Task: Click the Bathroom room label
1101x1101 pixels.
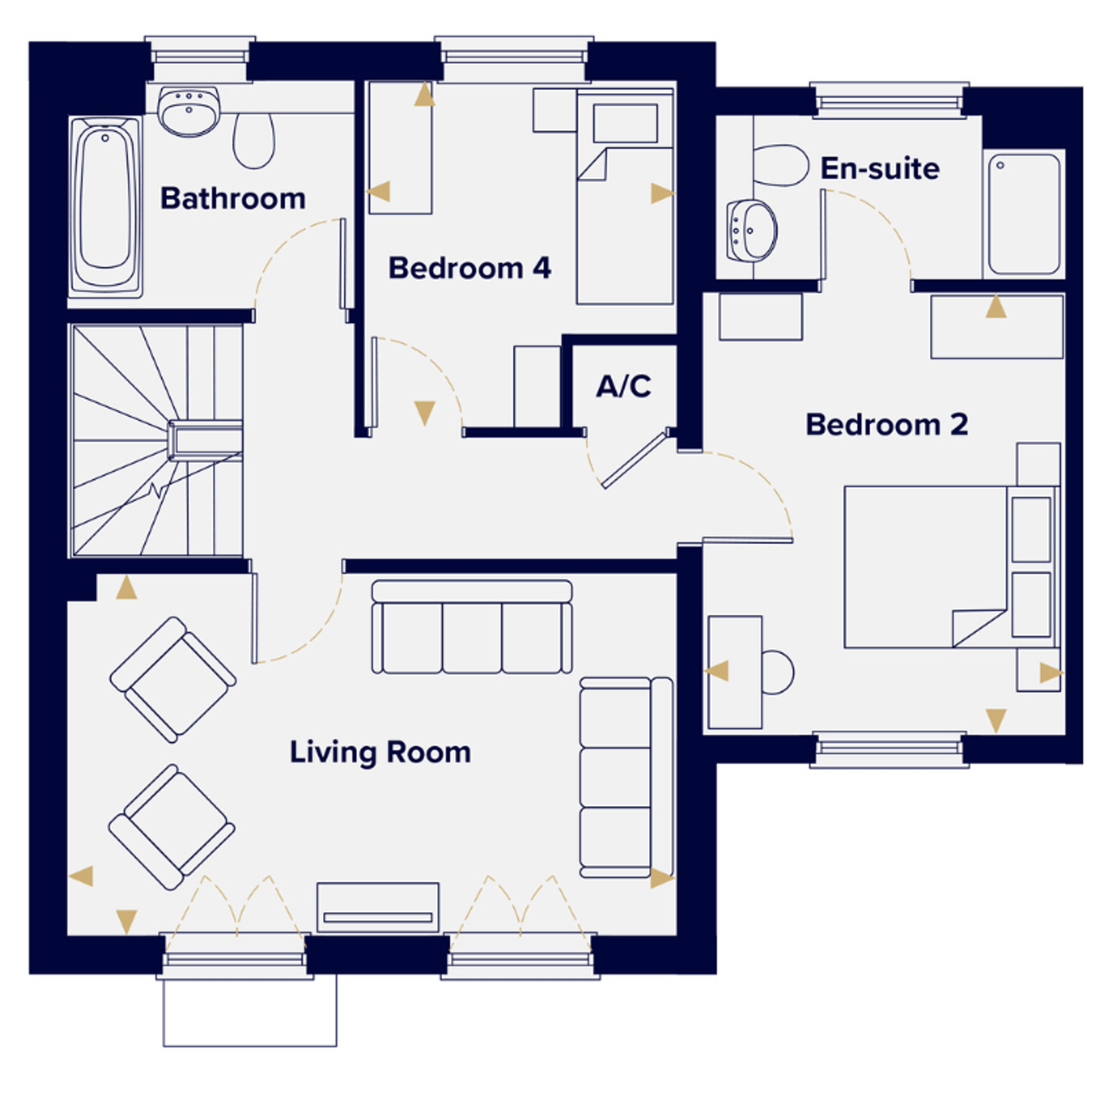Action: (232, 198)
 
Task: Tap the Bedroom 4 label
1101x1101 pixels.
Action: (470, 268)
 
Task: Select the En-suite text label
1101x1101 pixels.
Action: (879, 168)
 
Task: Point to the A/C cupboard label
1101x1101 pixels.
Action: (624, 387)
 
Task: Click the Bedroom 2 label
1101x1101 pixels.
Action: (886, 424)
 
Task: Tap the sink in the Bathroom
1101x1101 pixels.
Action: (189, 112)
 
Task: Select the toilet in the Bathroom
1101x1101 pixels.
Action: (254, 141)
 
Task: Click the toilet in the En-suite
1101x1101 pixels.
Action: (781, 165)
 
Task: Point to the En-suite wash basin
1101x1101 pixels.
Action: (752, 230)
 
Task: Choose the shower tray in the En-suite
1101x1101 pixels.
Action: (1023, 214)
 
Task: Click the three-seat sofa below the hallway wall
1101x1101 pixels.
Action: (472, 627)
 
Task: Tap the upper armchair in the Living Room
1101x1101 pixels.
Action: (173, 679)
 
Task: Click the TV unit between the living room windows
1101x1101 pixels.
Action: (378, 907)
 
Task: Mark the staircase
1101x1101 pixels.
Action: (157, 440)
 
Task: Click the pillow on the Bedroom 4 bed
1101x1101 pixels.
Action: (625, 123)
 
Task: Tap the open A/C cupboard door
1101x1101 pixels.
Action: (635, 460)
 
